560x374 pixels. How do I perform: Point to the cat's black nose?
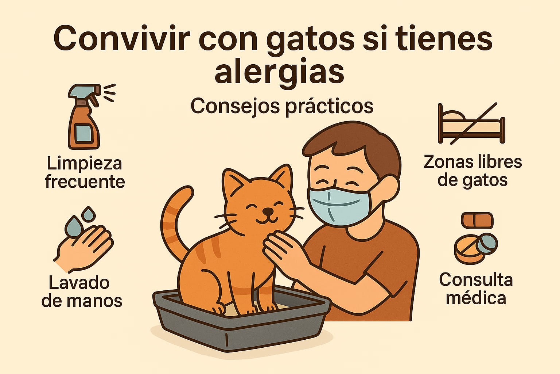[x=268, y=211]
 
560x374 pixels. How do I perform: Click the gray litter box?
[x=241, y=323]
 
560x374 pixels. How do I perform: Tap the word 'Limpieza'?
[x=85, y=164]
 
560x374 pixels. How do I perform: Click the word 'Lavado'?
[x=79, y=283]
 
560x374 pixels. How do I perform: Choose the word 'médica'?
[x=476, y=298]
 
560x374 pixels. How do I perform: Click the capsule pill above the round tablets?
[x=477, y=220]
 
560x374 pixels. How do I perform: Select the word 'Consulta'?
[x=476, y=280]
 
